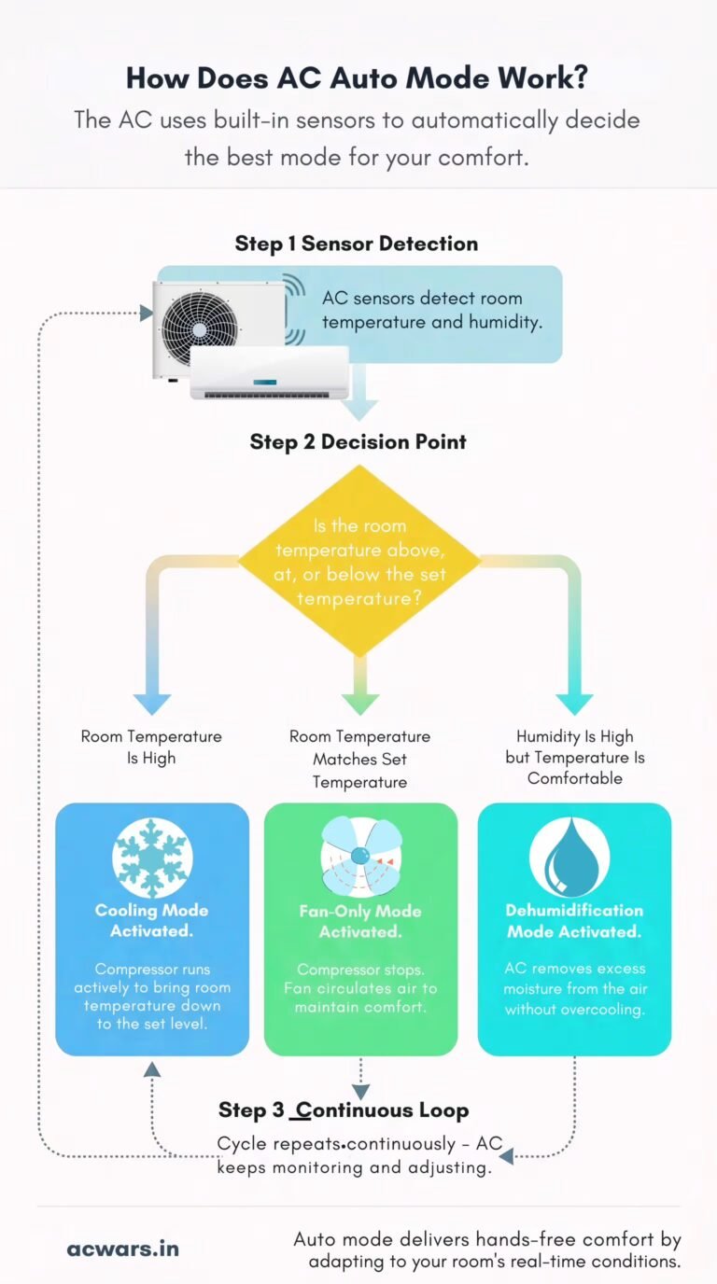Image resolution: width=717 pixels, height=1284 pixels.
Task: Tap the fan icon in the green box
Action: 360,857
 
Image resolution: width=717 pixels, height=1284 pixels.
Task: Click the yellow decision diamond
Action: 359,561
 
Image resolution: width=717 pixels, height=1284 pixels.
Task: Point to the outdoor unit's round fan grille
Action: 199,329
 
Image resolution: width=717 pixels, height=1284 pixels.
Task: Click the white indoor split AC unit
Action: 270,372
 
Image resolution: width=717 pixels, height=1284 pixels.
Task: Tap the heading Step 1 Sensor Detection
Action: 357,244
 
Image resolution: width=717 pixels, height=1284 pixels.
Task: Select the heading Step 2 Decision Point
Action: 358,442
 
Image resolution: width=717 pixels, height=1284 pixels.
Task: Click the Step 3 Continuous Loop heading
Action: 344,1110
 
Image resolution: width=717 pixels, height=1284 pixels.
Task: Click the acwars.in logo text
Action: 122,1249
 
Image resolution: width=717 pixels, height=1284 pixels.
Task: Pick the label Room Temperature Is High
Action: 151,747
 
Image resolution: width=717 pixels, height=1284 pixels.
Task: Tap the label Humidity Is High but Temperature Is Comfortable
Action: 575,757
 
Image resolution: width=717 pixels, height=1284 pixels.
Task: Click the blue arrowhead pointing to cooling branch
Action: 152,705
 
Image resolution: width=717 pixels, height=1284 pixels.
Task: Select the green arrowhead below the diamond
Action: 360,705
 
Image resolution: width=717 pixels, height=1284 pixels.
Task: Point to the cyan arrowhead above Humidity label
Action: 575,705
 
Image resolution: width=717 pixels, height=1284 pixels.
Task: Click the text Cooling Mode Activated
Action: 151,921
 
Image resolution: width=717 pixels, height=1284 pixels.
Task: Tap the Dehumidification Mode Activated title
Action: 574,921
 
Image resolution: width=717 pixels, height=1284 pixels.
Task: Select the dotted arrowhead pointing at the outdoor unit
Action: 147,313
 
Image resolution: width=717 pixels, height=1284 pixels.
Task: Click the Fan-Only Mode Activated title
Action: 360,922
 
